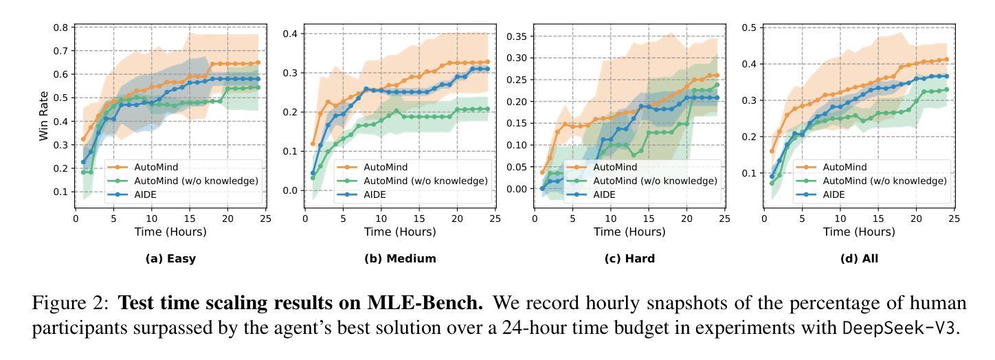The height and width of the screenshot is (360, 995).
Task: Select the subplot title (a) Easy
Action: pos(171,259)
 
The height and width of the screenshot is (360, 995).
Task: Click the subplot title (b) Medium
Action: pos(400,259)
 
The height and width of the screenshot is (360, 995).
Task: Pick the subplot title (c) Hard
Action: pos(629,259)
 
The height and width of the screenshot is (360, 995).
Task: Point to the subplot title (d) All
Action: pos(859,259)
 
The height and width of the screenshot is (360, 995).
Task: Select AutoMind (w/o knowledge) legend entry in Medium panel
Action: pos(425,181)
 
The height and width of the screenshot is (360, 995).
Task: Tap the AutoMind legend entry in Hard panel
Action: pos(615,167)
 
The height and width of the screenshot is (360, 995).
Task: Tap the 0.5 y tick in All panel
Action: pos(750,27)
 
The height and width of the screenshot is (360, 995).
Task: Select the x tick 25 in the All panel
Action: pos(953,218)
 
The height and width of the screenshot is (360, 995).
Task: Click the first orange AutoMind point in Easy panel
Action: pos(83,139)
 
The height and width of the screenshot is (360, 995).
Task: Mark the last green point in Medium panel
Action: pos(487,109)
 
